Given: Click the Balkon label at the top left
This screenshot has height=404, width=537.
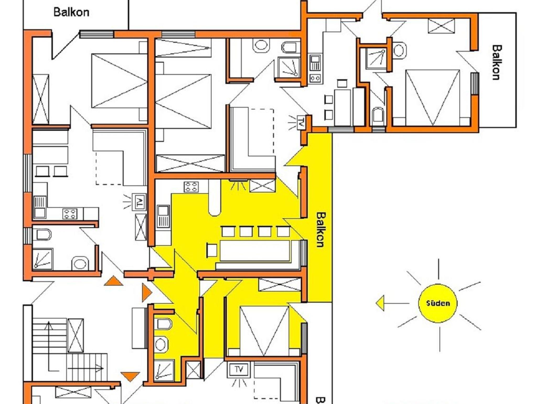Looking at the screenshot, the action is click(71, 12).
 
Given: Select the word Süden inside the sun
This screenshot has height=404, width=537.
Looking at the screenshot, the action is click(438, 303).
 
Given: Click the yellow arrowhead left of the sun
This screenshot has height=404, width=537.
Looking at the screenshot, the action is click(380, 303).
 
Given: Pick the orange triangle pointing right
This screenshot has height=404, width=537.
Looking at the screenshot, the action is click(147, 292).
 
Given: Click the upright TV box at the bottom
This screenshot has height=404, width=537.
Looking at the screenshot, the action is click(239, 370).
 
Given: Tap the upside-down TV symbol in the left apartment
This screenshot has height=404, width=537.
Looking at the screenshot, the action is click(139, 202).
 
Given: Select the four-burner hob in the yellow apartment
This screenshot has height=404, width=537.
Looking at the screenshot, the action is click(191, 187).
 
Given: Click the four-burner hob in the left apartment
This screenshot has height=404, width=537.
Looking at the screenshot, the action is click(70, 213).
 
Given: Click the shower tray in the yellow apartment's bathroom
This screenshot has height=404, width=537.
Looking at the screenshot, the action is click(164, 370).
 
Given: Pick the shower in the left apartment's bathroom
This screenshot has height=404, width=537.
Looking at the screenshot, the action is click(42, 259).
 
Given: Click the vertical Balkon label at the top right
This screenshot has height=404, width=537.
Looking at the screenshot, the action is click(497, 62).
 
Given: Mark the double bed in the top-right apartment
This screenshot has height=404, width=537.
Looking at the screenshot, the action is click(432, 97).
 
